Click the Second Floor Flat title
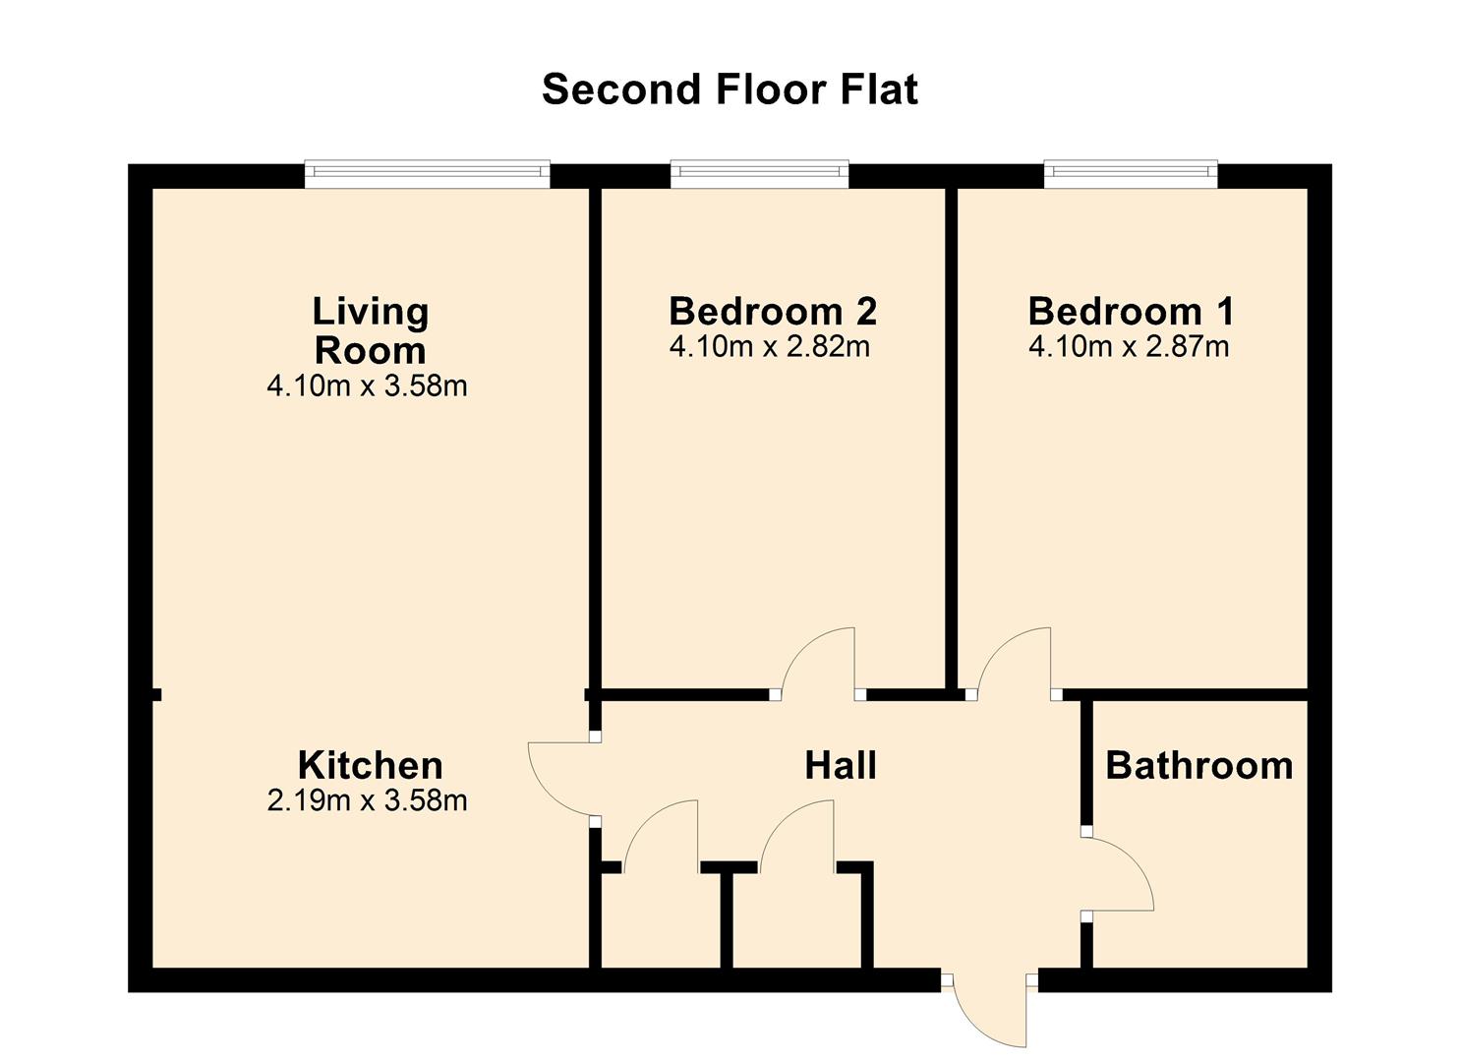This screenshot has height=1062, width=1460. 730,89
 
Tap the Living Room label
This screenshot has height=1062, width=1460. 371,330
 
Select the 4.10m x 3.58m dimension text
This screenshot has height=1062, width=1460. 367,385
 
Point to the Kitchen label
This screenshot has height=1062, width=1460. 371,765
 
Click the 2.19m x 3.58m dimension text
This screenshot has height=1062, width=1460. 367,800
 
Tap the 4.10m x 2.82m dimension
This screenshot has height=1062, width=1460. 770,347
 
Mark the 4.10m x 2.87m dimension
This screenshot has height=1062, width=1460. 1129,347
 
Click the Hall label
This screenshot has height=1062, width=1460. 841,765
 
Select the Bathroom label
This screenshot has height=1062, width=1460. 1199,765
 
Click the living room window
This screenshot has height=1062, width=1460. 428,174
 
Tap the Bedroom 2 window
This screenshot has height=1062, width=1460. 760,174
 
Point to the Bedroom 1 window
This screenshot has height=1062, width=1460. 1131,174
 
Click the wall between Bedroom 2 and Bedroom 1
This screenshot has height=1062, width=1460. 952,441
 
